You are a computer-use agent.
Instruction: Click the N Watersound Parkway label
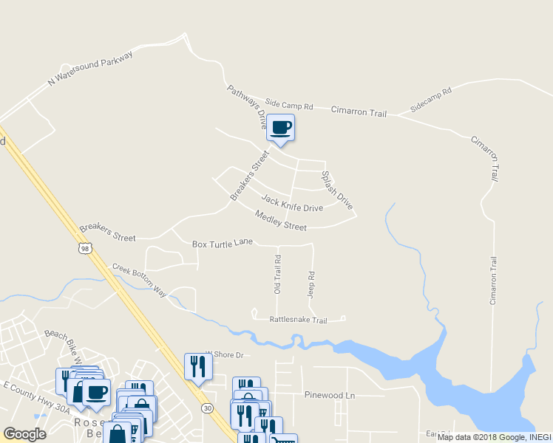click(90, 69)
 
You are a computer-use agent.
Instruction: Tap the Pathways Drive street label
click(247, 107)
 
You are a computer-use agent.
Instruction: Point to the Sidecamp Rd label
click(431, 100)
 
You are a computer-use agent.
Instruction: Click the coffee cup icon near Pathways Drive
click(280, 128)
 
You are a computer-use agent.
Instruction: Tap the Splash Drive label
click(336, 189)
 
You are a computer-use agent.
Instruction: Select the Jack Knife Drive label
click(292, 203)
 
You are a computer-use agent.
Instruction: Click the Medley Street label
click(280, 220)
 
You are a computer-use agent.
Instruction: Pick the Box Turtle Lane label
click(222, 243)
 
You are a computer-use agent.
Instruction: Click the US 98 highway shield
click(86, 250)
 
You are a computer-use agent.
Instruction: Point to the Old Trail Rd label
click(278, 275)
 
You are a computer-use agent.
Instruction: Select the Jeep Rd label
click(311, 284)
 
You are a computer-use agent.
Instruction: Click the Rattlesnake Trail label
click(298, 320)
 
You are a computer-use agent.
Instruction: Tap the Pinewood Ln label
click(330, 396)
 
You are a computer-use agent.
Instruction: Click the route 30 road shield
click(206, 408)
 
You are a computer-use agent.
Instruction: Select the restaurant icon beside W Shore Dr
click(197, 366)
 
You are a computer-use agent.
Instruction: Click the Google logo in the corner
click(24, 434)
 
